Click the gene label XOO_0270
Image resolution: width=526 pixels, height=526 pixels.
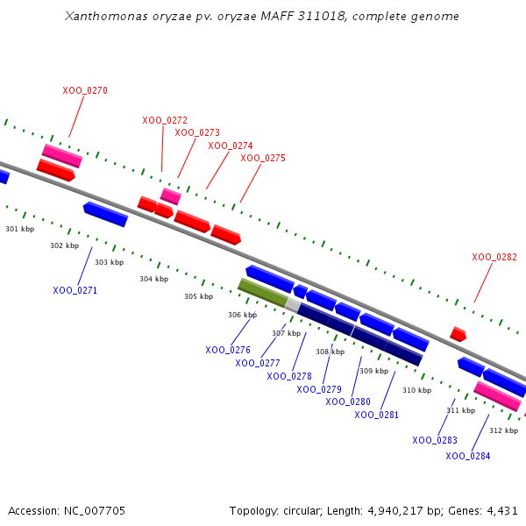click(x=85, y=90)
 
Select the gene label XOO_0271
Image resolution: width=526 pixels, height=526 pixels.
click(x=75, y=290)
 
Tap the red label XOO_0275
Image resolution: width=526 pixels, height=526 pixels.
click(x=263, y=158)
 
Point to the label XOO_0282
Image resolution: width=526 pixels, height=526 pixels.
click(x=494, y=257)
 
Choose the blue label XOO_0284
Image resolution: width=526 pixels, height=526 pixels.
click(x=467, y=456)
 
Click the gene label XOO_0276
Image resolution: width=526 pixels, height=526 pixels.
click(x=228, y=350)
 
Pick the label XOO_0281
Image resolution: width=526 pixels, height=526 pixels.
click(x=377, y=415)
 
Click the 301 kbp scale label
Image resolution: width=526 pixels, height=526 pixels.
click(x=19, y=229)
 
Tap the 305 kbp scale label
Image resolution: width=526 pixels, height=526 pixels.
click(x=198, y=296)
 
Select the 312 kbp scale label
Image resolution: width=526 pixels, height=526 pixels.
click(x=503, y=430)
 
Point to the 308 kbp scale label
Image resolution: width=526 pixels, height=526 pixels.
click(x=330, y=352)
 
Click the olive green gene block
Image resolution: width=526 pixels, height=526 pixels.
click(x=262, y=292)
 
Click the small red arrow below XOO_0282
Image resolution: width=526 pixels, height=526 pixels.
click(x=458, y=334)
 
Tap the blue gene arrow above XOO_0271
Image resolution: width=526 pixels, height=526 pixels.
click(x=105, y=213)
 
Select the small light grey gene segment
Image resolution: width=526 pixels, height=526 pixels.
click(x=293, y=303)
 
